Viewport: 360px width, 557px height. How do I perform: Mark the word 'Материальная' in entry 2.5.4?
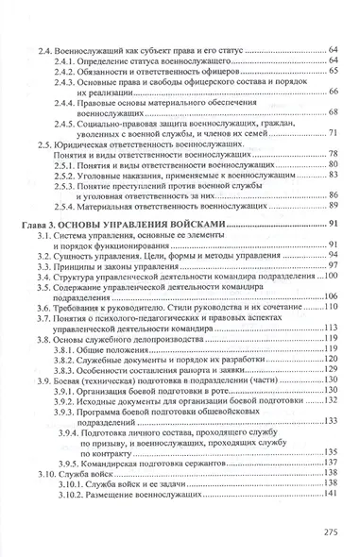(122, 206)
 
